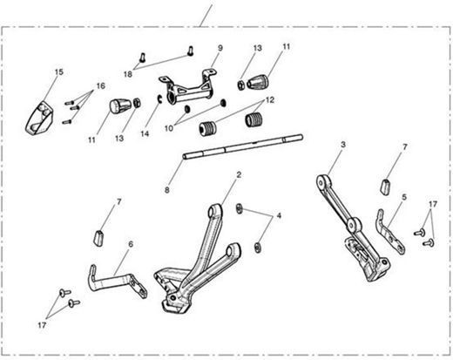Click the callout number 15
coord(59,72)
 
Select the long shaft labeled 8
coord(243,146)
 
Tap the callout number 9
coord(220,48)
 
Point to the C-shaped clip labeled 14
coord(159,99)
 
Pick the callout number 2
coord(239,175)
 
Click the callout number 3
coord(343,145)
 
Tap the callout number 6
coord(131,244)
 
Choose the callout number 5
coord(404,197)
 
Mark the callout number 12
coord(270,100)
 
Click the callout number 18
coord(128,74)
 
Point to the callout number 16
coord(101,86)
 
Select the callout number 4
coord(279,215)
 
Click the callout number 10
coord(169,128)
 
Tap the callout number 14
coord(145,133)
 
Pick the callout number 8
coord(167,190)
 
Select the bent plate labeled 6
coord(116,282)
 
